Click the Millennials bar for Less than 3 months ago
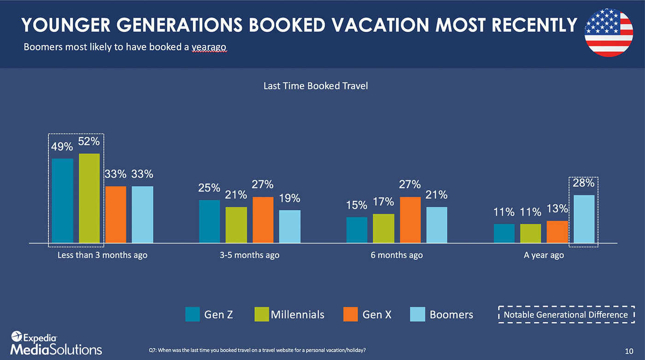tap(89, 198)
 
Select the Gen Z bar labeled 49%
tap(63, 201)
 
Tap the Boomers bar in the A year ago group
tap(584, 219)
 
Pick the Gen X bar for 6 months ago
tap(410, 220)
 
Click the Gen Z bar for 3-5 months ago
tap(210, 221)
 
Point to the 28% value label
tap(583, 183)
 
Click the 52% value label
tap(89, 142)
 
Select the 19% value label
tap(290, 198)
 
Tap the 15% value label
tap(357, 205)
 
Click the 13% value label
tap(557, 209)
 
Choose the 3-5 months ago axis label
tap(249, 255)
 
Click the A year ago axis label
tap(544, 255)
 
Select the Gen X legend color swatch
tap(351, 314)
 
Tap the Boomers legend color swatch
tap(417, 314)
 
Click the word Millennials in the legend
tap(298, 314)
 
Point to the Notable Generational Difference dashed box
tap(566, 306)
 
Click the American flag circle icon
tap(609, 33)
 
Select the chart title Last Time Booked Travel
tap(316, 86)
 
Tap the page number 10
tap(629, 351)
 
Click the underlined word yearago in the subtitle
tap(209, 47)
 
